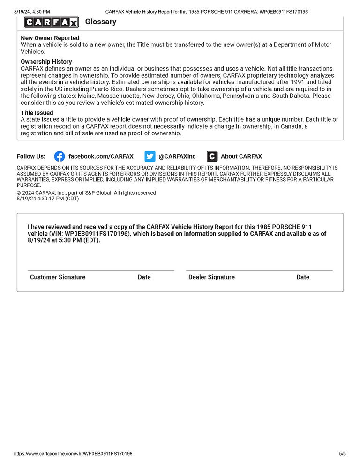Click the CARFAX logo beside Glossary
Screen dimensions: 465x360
[51, 22]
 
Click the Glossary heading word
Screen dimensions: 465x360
[101, 22]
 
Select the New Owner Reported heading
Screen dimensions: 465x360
[50, 38]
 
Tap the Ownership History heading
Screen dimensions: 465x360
[46, 62]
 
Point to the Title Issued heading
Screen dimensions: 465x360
[37, 113]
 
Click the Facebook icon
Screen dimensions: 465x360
[60, 156]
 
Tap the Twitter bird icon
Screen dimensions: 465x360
[150, 156]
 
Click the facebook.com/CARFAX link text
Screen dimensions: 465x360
[101, 156]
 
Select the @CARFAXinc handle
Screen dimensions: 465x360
[177, 156]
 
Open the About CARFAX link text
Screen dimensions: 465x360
[241, 156]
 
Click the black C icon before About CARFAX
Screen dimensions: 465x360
[212, 156]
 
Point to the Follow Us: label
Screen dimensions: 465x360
[31, 156]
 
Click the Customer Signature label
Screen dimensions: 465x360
[58, 277]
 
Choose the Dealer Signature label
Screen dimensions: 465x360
[211, 277]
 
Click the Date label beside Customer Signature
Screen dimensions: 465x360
[144, 277]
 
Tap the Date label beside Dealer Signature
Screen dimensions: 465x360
[303, 277]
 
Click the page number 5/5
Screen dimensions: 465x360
[342, 454]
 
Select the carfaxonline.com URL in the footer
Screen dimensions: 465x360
[73, 454]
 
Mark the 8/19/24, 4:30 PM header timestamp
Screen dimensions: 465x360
[32, 11]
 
